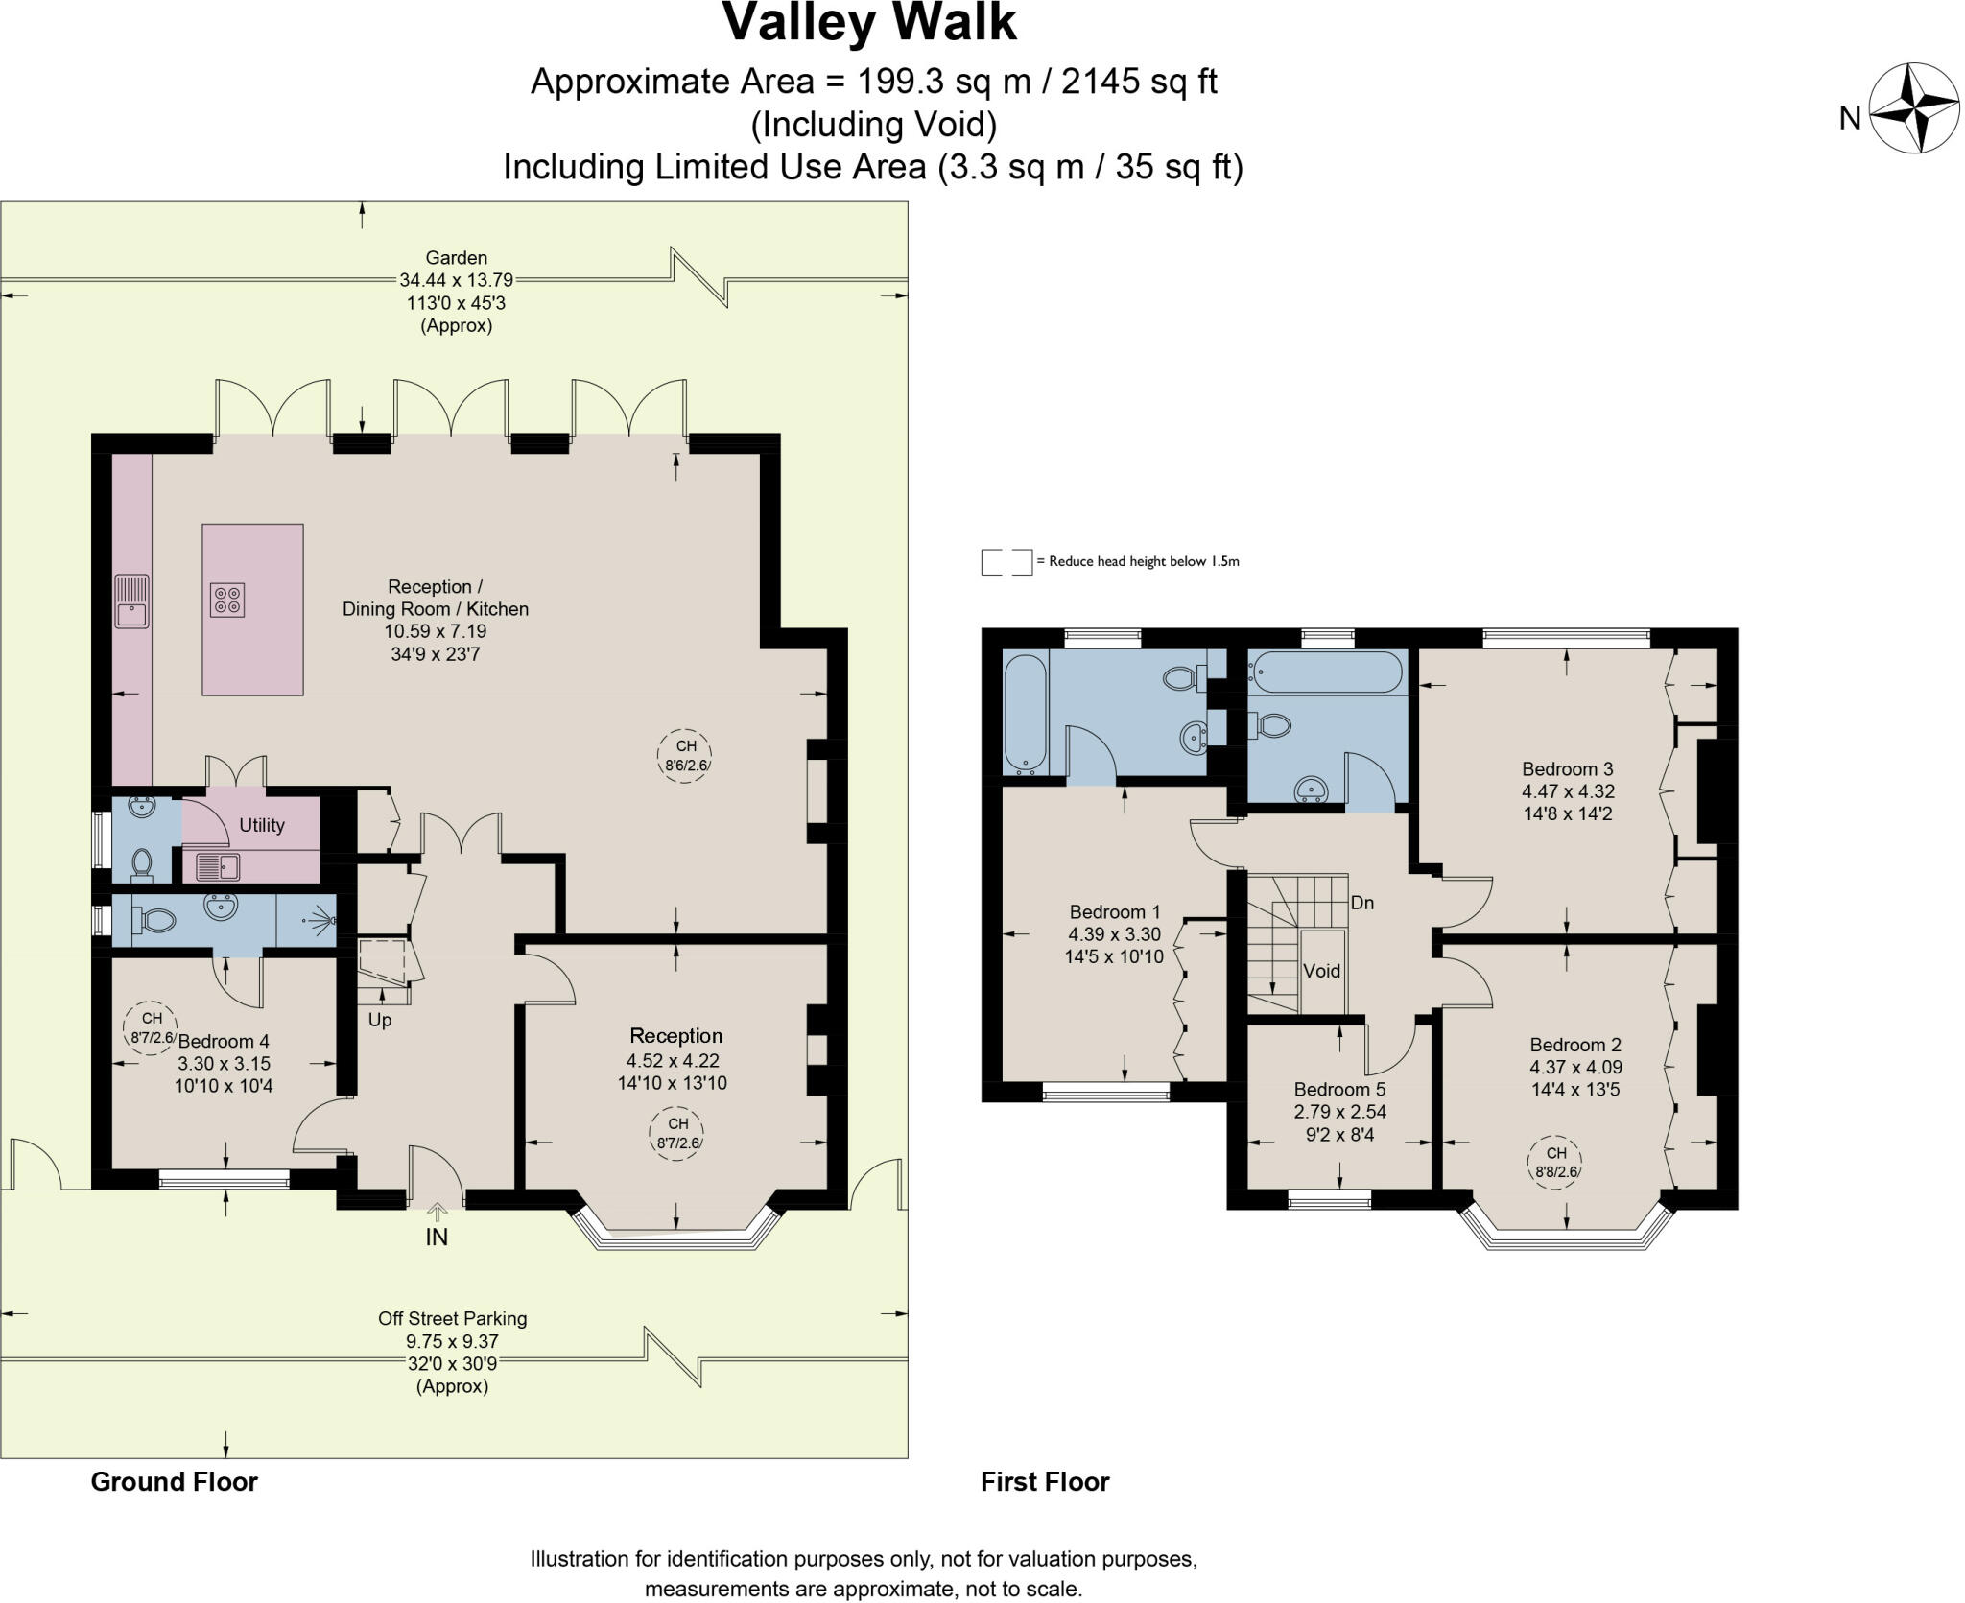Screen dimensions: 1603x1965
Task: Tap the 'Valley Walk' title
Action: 868,23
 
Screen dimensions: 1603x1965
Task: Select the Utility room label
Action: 262,825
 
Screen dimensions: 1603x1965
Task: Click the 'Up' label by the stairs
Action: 380,1020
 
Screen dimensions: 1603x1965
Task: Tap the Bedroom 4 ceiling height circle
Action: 152,1027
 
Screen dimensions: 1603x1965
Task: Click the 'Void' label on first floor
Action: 1321,971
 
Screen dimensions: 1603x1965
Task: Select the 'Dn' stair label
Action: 1361,903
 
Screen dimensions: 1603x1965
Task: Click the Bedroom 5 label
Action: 1339,1089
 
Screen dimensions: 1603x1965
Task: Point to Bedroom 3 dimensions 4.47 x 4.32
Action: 1568,791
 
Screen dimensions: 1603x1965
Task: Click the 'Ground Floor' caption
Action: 174,1482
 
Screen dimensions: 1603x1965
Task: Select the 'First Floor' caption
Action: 1044,1482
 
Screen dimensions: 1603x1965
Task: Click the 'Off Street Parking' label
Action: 452,1318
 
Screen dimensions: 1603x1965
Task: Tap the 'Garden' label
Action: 456,257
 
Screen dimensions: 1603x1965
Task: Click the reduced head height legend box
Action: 1006,562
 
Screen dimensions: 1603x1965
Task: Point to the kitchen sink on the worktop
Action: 132,601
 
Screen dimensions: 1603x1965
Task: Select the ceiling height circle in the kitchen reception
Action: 686,756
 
